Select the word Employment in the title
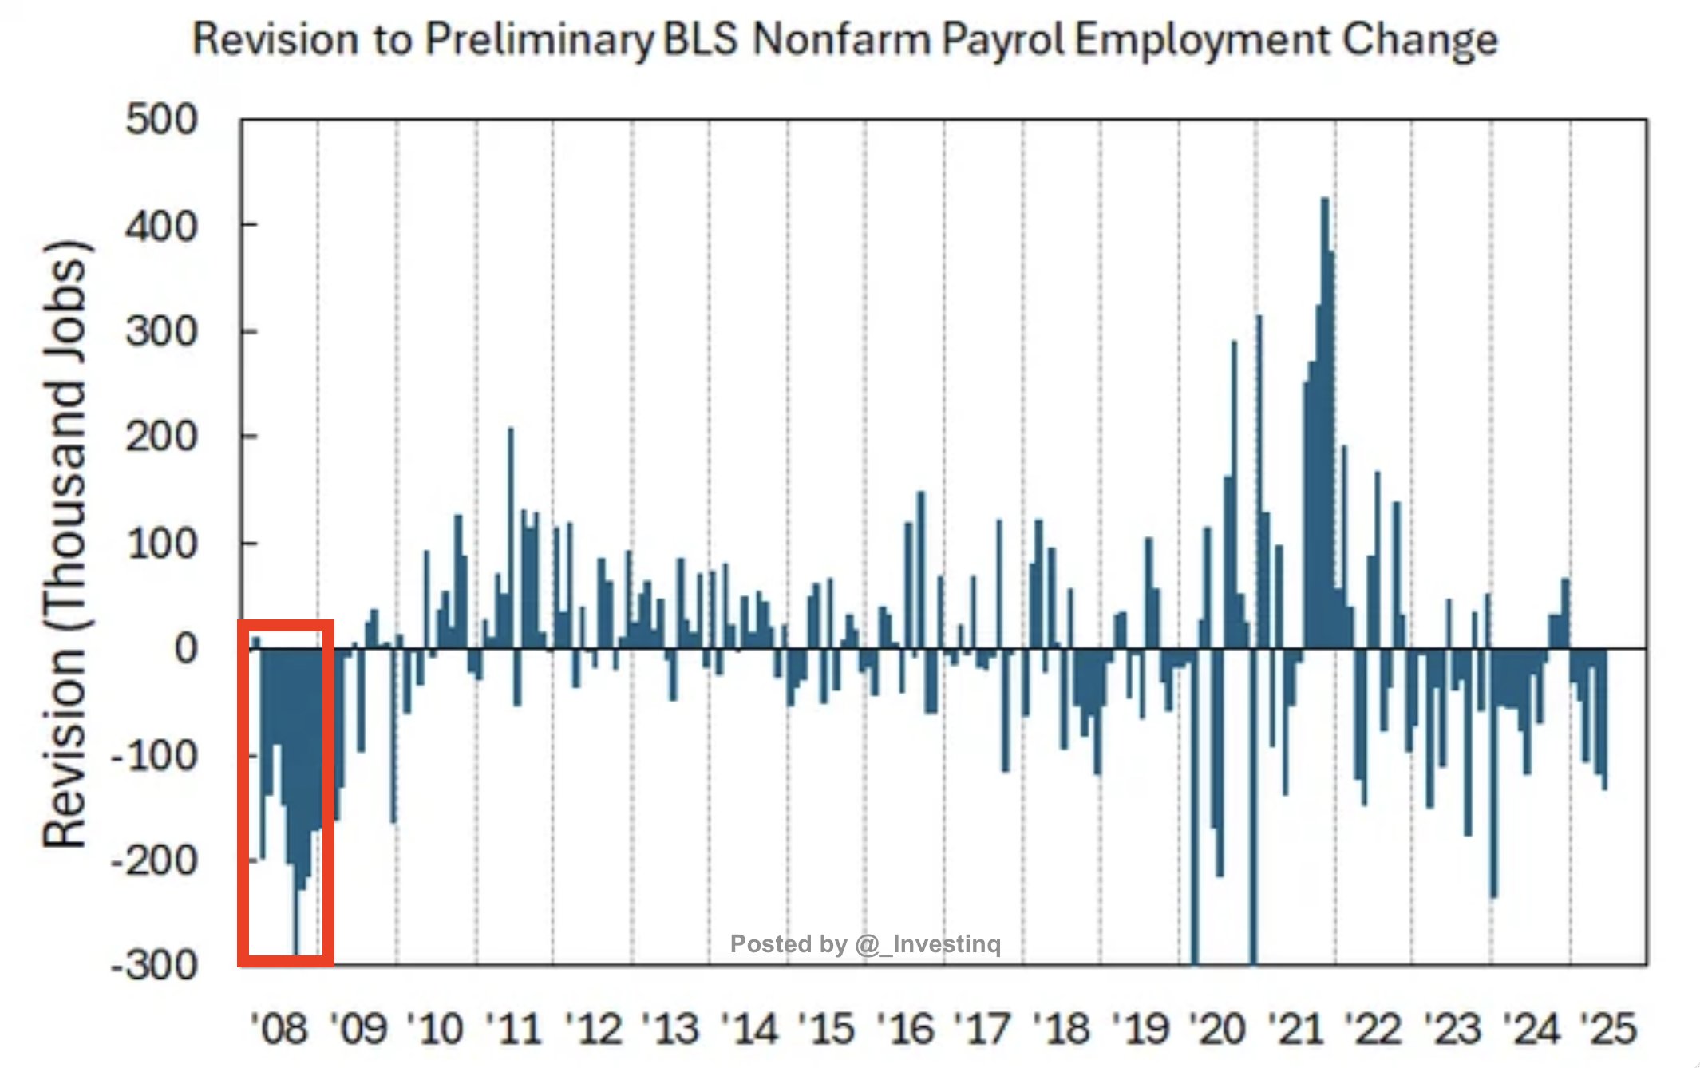(x=1202, y=40)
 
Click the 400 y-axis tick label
(x=161, y=227)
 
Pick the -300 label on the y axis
(x=153, y=965)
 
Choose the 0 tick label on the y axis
(x=185, y=649)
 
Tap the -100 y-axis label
(x=153, y=755)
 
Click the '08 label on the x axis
(x=279, y=1028)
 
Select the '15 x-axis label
(x=827, y=1028)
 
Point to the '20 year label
(x=1218, y=1028)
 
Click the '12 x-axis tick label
(x=592, y=1028)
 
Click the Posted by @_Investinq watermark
(x=865, y=944)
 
